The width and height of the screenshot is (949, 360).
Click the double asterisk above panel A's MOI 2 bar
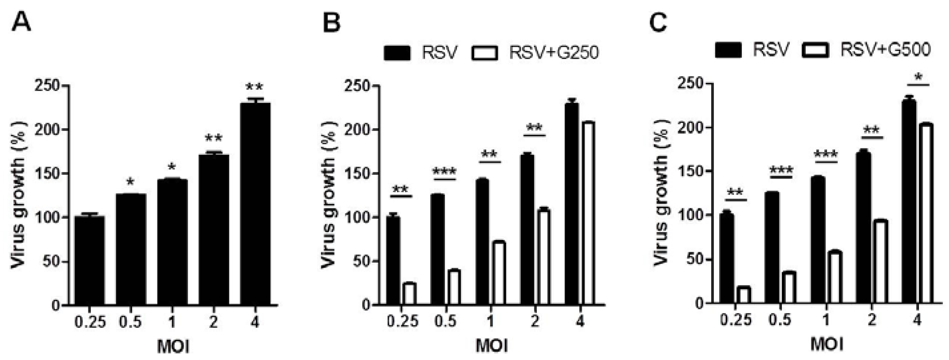(213, 139)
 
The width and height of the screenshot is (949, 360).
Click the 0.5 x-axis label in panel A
(131, 323)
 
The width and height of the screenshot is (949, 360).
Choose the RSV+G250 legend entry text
(554, 53)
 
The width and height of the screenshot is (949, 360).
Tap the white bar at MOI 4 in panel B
(589, 213)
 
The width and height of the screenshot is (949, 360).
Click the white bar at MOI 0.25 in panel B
(409, 294)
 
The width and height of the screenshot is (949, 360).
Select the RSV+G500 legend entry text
(885, 49)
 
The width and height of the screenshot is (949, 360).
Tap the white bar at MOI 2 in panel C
(880, 261)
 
